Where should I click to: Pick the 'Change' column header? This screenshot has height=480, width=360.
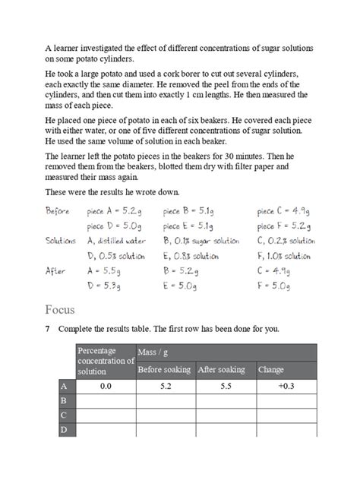coord(271,370)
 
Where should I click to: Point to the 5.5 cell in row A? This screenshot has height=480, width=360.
coord(225,386)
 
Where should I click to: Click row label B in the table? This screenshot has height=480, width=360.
coord(65,400)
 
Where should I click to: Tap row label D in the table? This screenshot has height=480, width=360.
coord(65,431)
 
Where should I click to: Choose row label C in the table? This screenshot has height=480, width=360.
coord(65,415)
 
